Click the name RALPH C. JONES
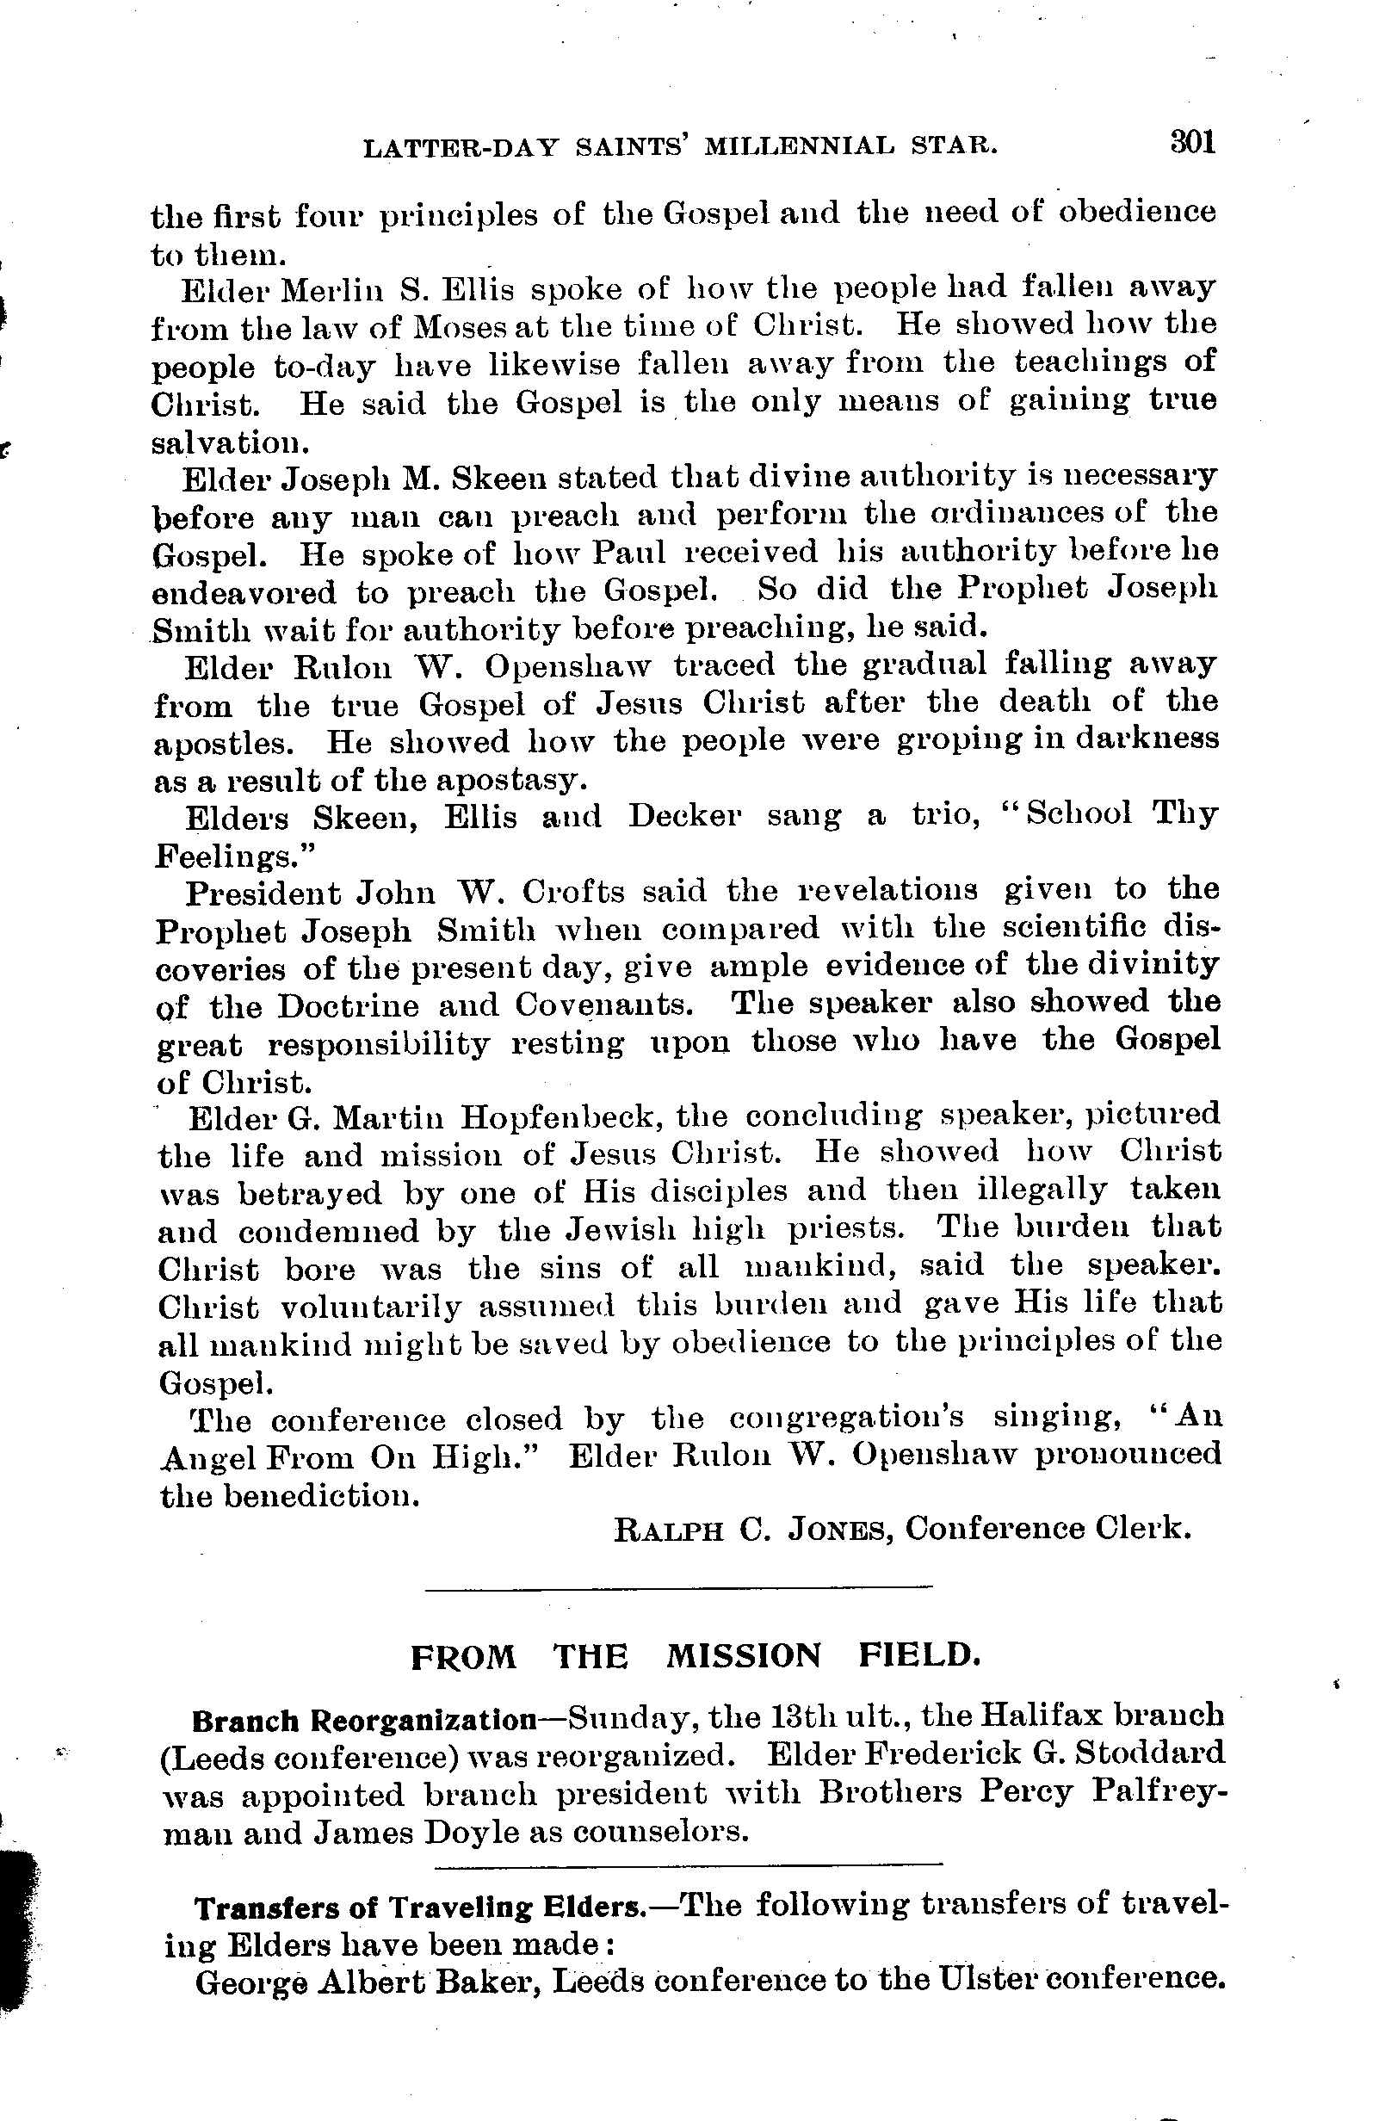pos(753,1530)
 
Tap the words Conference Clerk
pos(1048,1529)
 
